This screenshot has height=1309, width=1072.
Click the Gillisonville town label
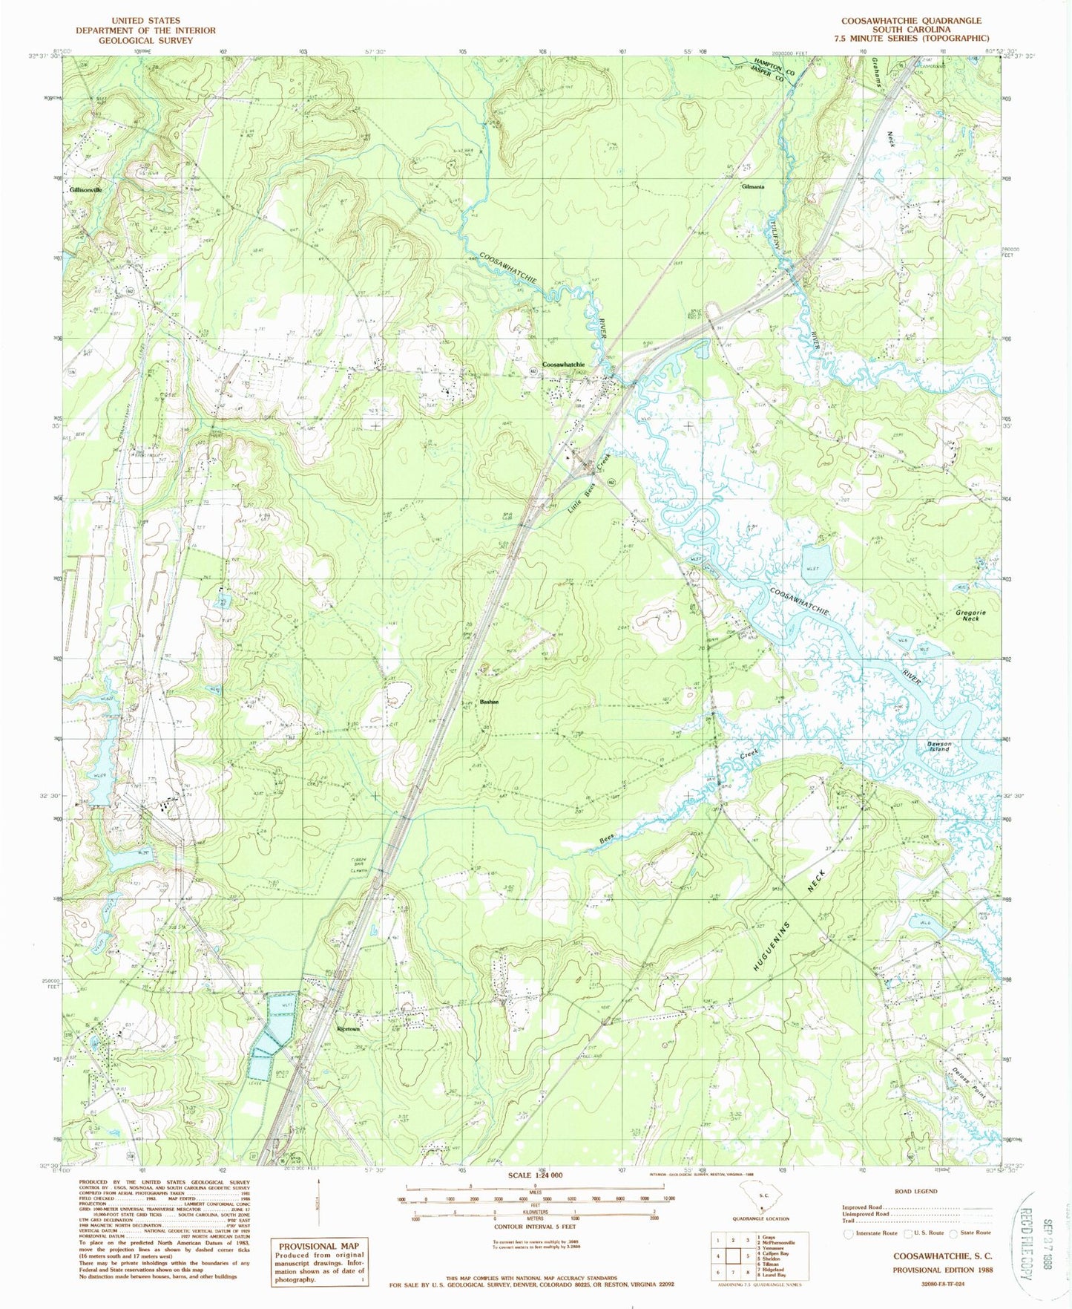85,190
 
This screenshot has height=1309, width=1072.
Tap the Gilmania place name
747,187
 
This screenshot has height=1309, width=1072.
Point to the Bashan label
489,702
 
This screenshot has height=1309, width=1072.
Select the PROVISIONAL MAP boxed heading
318,1246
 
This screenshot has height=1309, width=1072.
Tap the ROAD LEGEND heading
915,1191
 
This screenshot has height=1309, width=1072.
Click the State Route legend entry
974,1233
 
